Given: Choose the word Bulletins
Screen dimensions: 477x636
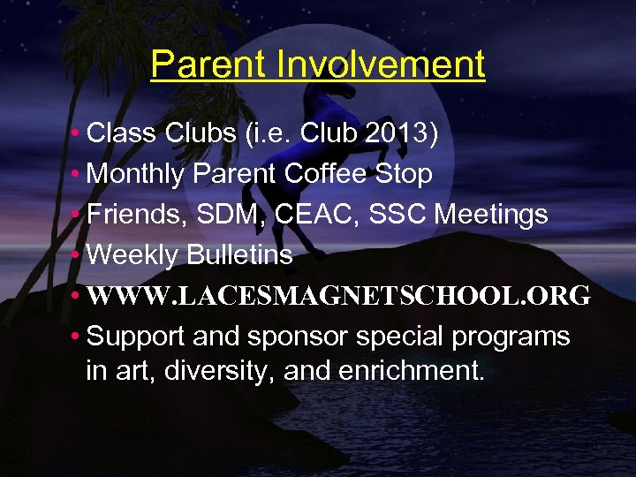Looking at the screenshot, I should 239,255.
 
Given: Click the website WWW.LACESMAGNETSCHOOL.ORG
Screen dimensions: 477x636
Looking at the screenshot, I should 339,296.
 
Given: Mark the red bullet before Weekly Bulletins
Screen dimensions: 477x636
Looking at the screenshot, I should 78,255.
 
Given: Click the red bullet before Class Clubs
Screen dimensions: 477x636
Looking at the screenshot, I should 78,133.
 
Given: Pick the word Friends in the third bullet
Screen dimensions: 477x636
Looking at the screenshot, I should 137,215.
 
